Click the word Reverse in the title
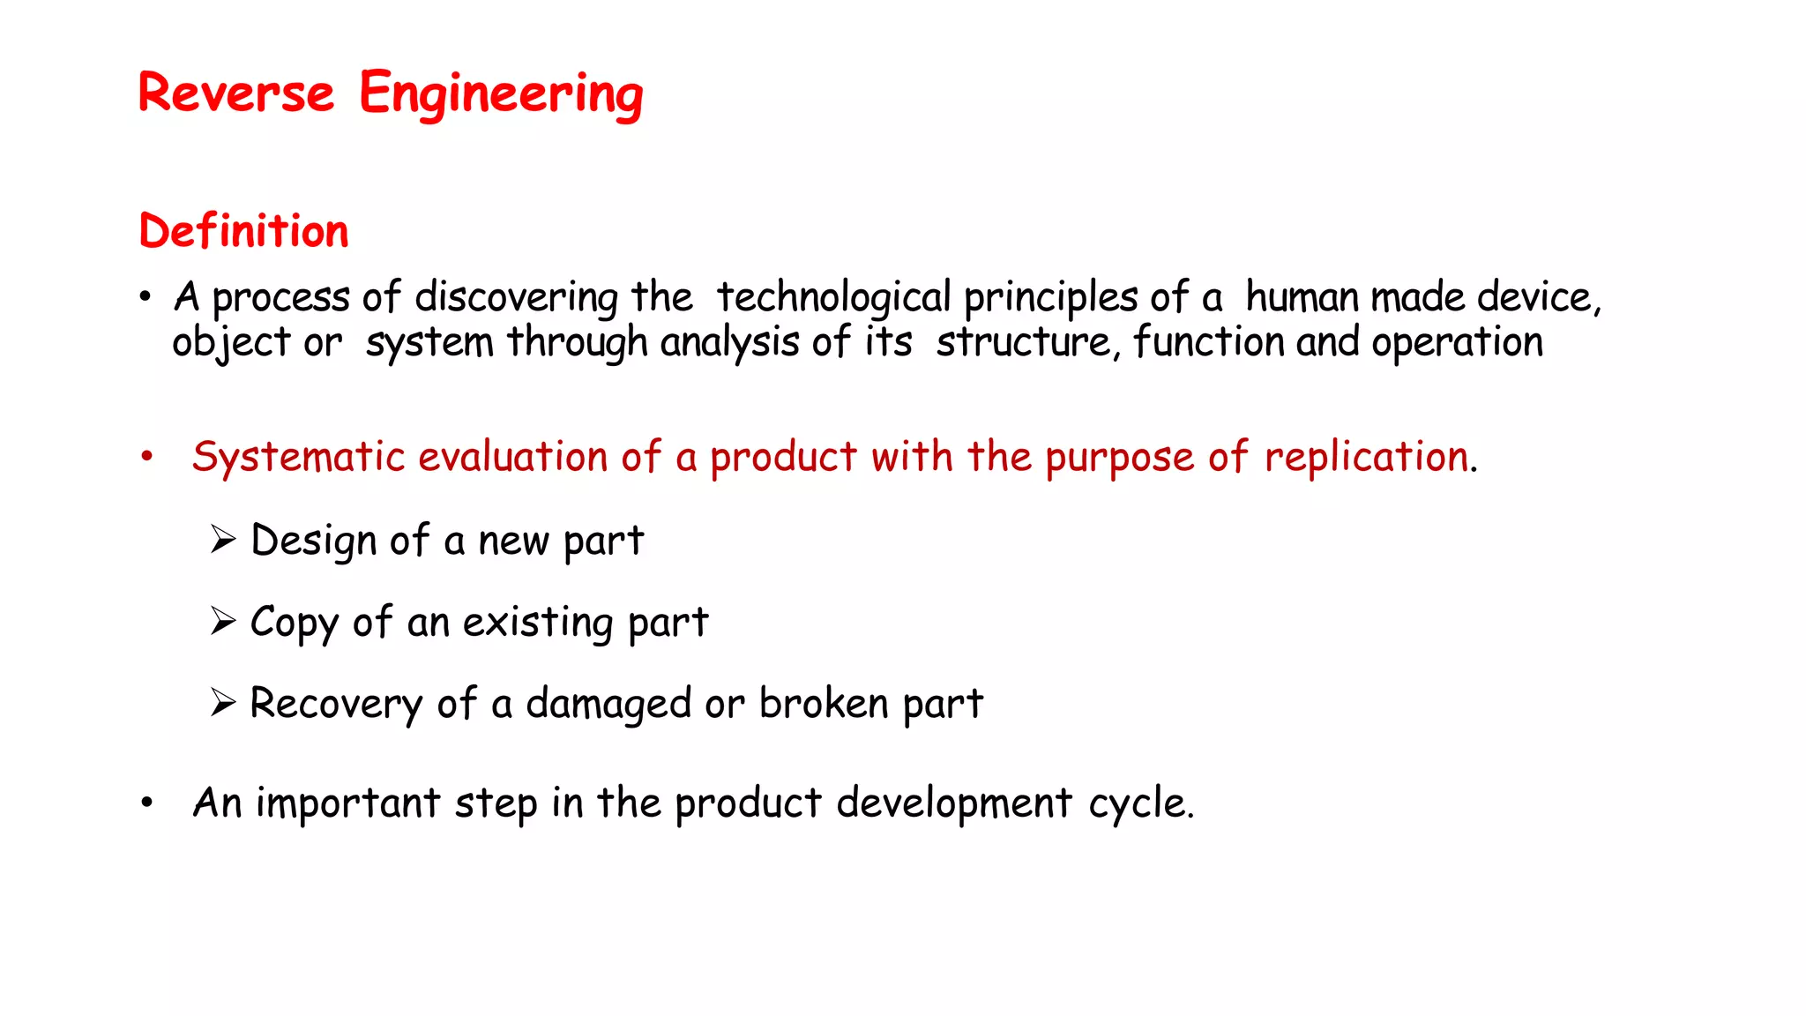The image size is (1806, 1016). click(x=235, y=93)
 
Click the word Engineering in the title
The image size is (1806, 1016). click(x=501, y=94)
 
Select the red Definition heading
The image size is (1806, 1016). click(x=243, y=231)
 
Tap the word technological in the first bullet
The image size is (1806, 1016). click(x=833, y=297)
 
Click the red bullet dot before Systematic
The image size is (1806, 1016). click(x=146, y=457)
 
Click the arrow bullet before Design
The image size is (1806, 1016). click(x=223, y=539)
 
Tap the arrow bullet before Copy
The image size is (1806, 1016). click(x=223, y=621)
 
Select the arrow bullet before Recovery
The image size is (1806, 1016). click(x=223, y=703)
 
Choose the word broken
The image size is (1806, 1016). click(x=824, y=704)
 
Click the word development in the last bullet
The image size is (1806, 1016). click(x=954, y=803)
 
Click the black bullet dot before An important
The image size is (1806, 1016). click(x=146, y=803)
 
